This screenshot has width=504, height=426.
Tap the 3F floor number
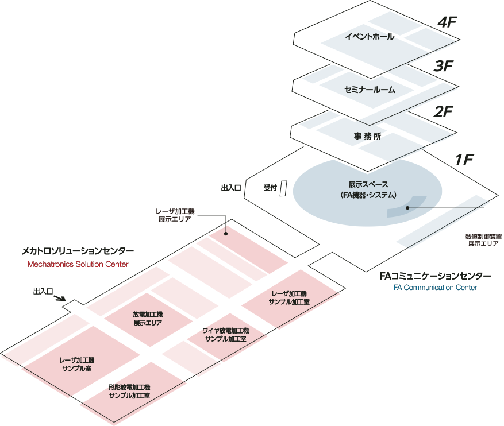444,66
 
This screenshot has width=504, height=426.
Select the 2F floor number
444,111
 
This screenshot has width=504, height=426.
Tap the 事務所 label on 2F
368,137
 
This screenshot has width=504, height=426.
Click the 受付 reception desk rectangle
283,189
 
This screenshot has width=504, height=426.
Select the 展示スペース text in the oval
368,185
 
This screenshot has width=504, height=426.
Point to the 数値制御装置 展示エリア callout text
483,239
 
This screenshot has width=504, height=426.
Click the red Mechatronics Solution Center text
78,265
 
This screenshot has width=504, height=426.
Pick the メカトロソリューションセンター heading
78,251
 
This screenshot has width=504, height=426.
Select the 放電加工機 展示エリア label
148,319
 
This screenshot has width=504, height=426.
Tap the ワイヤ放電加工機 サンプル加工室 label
226,335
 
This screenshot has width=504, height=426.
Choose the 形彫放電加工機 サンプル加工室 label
129,392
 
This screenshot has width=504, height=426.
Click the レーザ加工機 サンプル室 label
77,364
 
